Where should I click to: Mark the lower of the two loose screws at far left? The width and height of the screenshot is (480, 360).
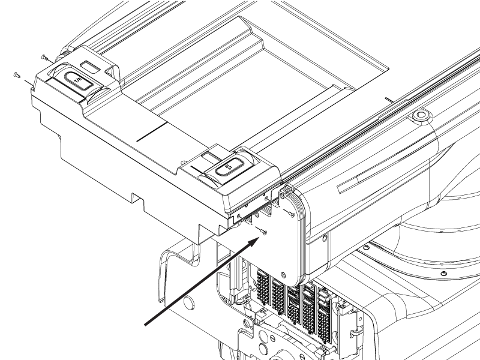(16, 74)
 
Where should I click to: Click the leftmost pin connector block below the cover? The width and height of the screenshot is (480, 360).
(262, 287)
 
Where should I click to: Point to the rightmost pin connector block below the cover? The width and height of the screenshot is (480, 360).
(325, 312)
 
